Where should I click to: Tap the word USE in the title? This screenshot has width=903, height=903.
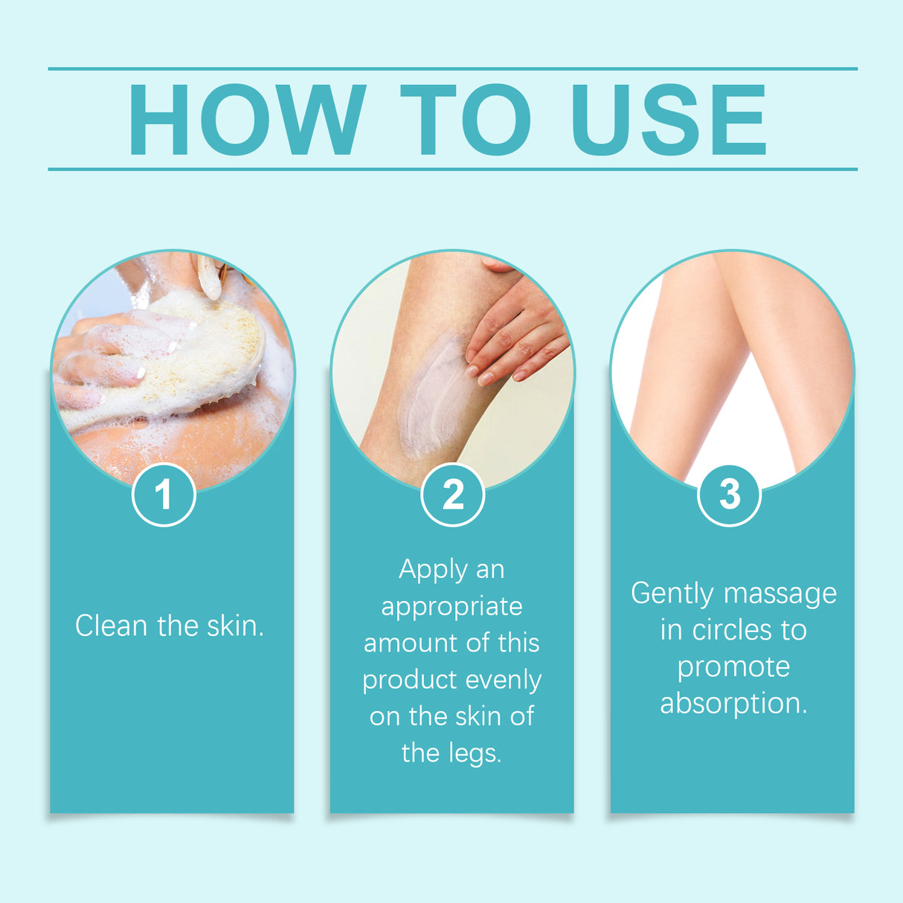pos(668,120)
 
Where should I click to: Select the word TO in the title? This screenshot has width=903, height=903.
pos(466,120)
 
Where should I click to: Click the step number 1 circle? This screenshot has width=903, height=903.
pos(164,495)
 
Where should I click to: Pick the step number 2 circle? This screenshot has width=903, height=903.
pos(452,495)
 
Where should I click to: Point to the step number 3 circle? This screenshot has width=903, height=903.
pos(730,495)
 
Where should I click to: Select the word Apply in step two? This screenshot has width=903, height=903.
pos(432,570)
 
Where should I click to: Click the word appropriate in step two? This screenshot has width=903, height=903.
pos(452,607)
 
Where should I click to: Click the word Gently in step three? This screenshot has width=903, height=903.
pos(672,594)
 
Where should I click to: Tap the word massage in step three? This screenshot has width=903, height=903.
pos(780,594)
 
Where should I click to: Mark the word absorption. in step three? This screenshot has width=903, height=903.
pos(733,703)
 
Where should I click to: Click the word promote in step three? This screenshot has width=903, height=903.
pos(733,666)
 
